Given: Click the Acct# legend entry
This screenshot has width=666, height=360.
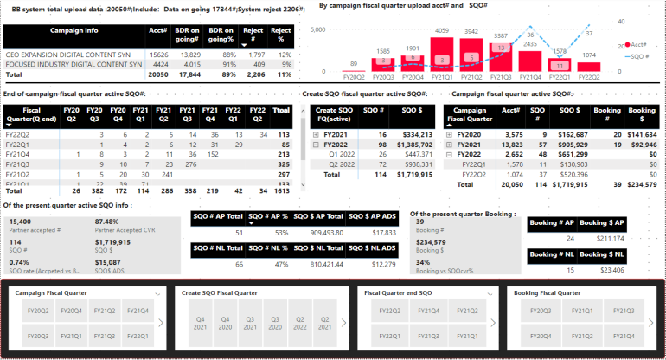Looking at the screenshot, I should click(637, 43).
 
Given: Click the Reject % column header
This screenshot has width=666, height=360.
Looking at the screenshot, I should click(282, 35).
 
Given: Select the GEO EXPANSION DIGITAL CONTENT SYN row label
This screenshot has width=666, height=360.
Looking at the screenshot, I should click(74, 54).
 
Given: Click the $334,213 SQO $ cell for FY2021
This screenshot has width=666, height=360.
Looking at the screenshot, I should click(413, 135).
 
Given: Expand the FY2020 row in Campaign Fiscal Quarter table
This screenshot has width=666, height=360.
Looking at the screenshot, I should click(449, 135).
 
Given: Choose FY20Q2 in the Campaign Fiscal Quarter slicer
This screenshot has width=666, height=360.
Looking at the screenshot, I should click(39, 310).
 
